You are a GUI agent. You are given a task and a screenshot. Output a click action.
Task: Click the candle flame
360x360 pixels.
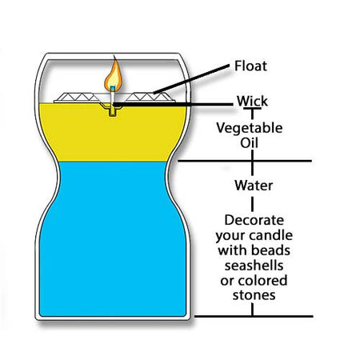pos(114,74)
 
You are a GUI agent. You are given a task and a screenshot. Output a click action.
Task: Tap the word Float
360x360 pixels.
pos(250,66)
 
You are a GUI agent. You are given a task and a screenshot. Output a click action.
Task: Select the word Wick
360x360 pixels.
pos(252,102)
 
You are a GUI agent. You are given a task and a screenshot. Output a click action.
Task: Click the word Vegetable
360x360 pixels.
pos(250,128)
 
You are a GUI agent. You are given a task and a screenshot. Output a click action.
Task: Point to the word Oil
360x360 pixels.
pos(249,143)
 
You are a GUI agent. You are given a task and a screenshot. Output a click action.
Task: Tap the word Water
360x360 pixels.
pos(254,186)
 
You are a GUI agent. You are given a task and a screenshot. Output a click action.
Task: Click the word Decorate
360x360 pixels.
pos(254,220)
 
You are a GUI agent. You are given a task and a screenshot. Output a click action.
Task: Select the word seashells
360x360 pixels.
pos(254,266)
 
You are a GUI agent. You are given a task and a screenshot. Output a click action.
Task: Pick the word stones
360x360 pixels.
pos(254,295)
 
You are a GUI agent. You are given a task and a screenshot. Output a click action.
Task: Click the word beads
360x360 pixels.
pos(270,250)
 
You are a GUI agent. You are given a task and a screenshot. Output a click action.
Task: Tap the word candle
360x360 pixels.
pos(271,235)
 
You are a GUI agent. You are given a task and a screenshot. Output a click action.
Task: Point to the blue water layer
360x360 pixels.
pos(113,240)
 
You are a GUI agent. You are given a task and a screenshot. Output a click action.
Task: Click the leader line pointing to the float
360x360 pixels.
pos(191,78)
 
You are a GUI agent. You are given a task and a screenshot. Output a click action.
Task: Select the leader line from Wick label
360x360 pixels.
pos(174,105)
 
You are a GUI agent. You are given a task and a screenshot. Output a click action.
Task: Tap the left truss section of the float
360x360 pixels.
pos(77,98)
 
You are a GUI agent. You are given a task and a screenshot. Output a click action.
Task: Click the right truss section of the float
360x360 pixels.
pos(150,98)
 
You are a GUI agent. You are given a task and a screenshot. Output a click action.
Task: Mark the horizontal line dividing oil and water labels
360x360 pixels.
pos(245,161)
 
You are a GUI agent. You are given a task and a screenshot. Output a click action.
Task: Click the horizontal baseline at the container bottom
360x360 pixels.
pos(254,317)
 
